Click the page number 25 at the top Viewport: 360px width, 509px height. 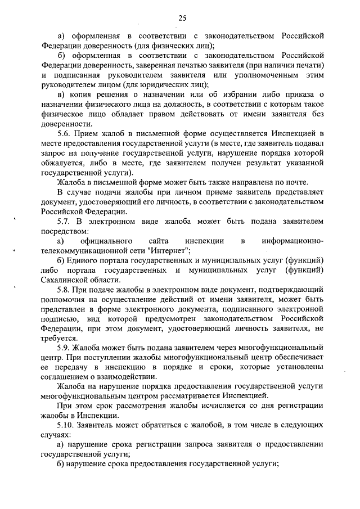tap(182, 18)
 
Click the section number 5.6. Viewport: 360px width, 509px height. tap(65, 133)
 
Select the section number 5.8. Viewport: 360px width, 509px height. tap(65, 289)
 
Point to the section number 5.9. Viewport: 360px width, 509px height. tap(65, 347)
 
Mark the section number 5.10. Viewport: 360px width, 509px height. tap(66, 425)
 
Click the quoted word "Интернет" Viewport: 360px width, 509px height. tap(169, 250)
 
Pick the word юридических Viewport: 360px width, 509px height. tap(131, 84)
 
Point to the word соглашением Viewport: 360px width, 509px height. tap(67, 376)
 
